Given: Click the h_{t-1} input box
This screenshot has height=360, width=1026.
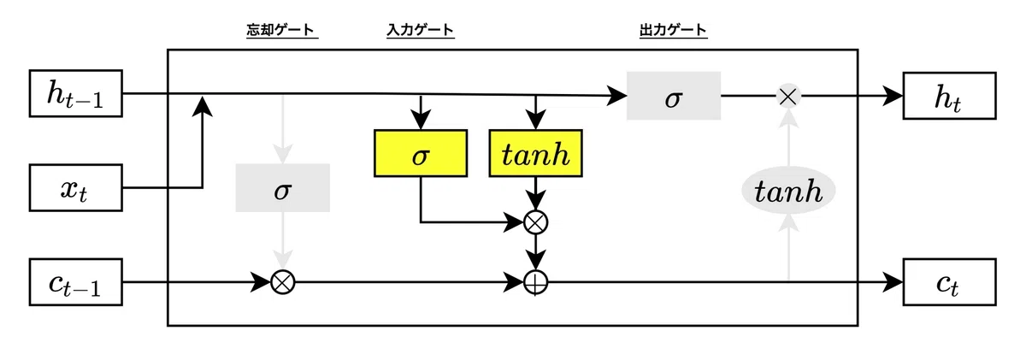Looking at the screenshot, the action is (75, 93).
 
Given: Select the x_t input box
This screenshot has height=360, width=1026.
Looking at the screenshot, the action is (75, 188).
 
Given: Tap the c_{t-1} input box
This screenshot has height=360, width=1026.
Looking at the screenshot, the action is (75, 282).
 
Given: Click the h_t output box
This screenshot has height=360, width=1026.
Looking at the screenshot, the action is (950, 96).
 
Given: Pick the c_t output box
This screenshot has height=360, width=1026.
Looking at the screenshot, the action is (950, 282).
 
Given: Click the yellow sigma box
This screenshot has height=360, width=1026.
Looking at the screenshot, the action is (421, 153).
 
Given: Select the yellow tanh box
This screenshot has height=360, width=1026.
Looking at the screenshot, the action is (535, 153).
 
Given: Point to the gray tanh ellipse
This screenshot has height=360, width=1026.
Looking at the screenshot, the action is (788, 190).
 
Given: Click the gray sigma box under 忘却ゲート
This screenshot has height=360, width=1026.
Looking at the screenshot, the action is (283, 188).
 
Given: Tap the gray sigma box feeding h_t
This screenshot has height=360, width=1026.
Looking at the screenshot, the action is (674, 96).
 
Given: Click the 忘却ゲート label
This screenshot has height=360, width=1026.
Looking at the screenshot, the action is (280, 30).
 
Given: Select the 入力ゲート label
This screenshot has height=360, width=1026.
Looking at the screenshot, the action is (421, 30).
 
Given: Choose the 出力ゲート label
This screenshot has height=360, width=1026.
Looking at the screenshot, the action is (674, 30).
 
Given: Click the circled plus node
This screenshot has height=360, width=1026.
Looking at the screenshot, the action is (535, 282).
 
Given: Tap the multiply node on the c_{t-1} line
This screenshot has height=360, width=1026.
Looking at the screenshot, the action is (283, 282).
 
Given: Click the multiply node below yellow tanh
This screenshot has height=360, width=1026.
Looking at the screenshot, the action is (535, 222).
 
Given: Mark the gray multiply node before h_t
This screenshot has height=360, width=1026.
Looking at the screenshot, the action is (788, 96).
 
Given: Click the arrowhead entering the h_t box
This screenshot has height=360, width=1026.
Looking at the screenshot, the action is (893, 96).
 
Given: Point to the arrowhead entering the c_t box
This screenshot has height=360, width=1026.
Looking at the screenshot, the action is (893, 282).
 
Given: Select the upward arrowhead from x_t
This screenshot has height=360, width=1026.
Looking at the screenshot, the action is (202, 106).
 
